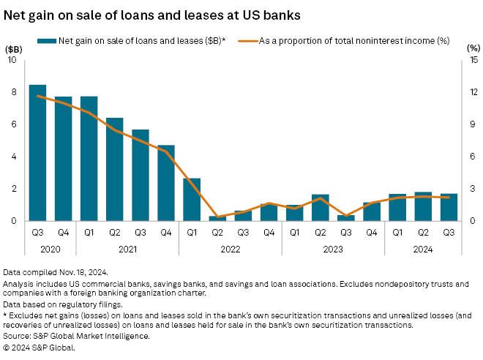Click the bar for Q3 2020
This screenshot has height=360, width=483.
[37, 153]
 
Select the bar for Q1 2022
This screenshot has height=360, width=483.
[192, 199]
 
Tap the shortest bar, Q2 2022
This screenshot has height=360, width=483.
[217, 218]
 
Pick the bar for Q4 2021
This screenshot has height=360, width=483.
[166, 183]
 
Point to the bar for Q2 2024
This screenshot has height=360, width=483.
[423, 206]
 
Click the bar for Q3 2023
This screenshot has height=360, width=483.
[346, 217]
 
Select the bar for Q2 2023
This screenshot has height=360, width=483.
[321, 208]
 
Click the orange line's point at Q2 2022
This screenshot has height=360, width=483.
[217, 217]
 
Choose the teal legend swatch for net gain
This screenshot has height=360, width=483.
[48, 40]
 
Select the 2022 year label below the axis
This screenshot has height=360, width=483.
[231, 250]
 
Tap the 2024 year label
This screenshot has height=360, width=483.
[423, 250]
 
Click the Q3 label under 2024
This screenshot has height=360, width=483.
[449, 234]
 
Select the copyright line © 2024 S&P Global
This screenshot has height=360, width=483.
[40, 348]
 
